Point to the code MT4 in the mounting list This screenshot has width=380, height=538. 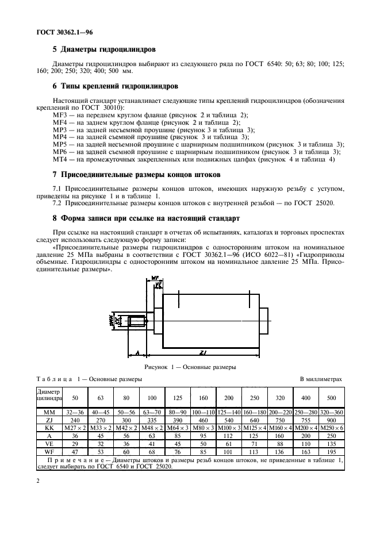(x=60, y=159)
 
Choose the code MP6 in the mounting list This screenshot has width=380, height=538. (x=60, y=152)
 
